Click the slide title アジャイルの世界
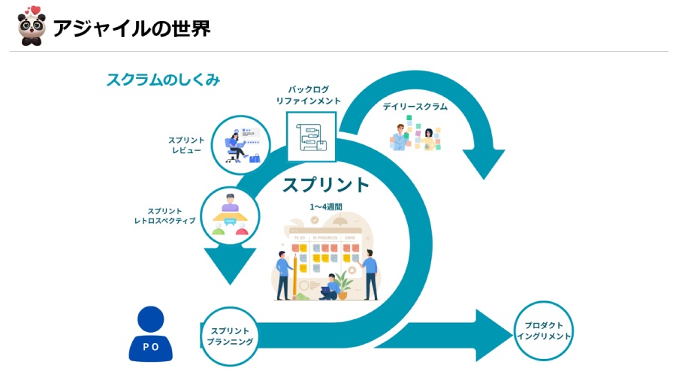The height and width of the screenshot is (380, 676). coord(131,29)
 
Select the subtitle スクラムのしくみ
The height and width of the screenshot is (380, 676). coord(163,80)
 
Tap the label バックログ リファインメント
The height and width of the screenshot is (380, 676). coord(308,95)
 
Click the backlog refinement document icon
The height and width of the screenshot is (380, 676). coord(311,137)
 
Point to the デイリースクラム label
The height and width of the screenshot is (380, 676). coord(415,107)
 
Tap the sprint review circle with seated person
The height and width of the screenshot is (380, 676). coord(240,144)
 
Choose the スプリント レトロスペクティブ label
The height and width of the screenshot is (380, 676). coord(171,216)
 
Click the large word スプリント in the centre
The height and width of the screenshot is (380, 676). coord(326,185)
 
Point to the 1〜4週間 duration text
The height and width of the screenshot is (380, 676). coord(326,206)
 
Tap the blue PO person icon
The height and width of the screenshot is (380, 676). coord(151,333)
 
